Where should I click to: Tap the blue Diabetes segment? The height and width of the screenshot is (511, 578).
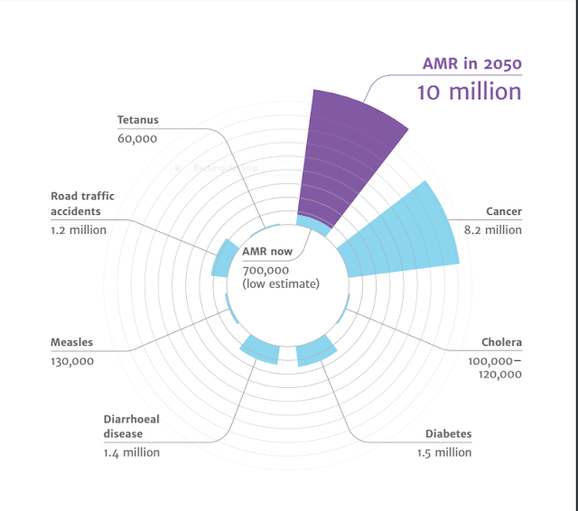(x=315, y=352)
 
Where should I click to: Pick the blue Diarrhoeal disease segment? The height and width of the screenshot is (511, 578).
(x=260, y=348)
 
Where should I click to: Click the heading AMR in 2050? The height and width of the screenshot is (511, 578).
(x=471, y=64)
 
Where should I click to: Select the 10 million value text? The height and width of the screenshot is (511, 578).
(x=469, y=91)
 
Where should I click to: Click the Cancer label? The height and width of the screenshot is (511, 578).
(x=504, y=212)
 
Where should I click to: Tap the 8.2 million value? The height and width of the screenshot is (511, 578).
(x=491, y=229)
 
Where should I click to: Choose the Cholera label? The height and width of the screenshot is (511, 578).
(x=501, y=343)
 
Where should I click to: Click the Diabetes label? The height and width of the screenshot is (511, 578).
(x=448, y=434)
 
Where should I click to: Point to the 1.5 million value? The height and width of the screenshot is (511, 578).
(x=444, y=452)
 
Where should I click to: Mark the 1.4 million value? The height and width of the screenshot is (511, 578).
(x=132, y=452)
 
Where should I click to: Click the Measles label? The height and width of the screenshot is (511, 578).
(x=72, y=343)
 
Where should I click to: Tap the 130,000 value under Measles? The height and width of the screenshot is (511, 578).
(x=72, y=361)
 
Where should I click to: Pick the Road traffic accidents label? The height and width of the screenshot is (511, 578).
(x=82, y=204)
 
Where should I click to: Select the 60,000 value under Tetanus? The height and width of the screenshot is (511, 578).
(x=137, y=138)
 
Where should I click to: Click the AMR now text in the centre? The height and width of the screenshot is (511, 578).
(x=267, y=252)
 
